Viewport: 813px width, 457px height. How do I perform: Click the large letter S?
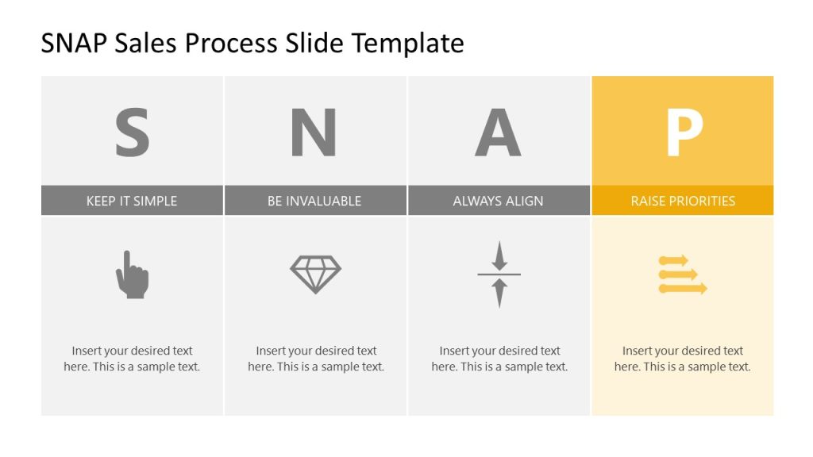click(x=132, y=132)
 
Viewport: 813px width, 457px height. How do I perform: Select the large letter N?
click(x=314, y=132)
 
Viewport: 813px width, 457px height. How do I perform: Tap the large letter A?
click(x=498, y=132)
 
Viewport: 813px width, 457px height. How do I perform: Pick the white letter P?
click(x=684, y=132)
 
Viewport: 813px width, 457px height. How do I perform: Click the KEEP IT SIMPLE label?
click(x=132, y=201)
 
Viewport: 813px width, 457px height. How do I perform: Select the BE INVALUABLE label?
click(x=314, y=201)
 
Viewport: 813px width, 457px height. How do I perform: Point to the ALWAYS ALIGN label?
click(x=498, y=201)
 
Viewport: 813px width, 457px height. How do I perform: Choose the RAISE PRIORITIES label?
click(x=683, y=201)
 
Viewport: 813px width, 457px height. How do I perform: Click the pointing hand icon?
click(x=132, y=275)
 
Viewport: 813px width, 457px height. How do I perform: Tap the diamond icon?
click(x=315, y=275)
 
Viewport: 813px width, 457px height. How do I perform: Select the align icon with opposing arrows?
click(x=499, y=275)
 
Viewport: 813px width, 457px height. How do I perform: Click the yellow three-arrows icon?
click(x=682, y=275)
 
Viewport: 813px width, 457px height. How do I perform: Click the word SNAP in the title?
click(x=74, y=43)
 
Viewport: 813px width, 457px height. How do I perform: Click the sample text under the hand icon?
click(x=132, y=359)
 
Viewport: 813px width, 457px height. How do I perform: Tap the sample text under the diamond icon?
click(x=316, y=359)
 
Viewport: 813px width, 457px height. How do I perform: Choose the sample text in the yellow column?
click(x=682, y=359)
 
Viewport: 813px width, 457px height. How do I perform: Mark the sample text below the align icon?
click(x=499, y=359)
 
